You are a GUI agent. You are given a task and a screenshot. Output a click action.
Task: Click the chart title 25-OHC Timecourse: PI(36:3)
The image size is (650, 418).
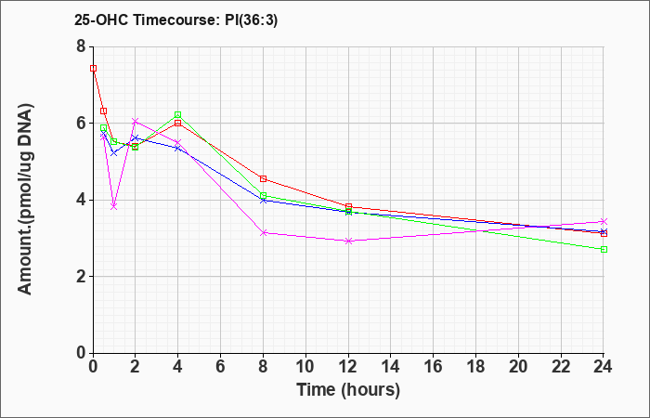click(175, 20)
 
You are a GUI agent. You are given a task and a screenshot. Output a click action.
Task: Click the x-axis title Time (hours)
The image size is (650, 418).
click(348, 390)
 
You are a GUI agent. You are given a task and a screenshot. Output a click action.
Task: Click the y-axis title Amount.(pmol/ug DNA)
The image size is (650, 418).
click(26, 200)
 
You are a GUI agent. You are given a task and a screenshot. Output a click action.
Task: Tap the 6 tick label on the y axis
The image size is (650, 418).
click(82, 124)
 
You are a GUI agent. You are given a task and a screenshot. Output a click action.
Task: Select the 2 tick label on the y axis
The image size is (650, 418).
click(82, 277)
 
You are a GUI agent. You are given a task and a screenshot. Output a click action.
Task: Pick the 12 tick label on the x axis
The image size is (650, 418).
click(348, 367)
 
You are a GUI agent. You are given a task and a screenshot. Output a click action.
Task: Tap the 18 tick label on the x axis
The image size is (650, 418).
click(475, 367)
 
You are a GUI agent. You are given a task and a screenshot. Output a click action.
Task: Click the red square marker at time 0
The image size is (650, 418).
click(93, 69)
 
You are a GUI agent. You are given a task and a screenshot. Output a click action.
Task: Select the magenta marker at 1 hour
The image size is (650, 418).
click(114, 206)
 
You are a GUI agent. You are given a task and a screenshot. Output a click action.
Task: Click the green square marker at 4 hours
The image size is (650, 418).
click(178, 114)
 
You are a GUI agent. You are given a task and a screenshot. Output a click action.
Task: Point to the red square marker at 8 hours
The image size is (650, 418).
click(263, 178)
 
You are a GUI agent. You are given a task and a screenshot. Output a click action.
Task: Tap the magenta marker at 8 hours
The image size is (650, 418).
click(263, 233)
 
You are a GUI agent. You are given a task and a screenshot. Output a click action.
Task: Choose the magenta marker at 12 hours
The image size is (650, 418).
click(348, 241)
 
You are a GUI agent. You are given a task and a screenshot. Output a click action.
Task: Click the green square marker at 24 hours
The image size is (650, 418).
click(604, 249)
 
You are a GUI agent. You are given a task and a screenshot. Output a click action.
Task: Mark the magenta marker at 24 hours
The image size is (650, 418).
click(604, 221)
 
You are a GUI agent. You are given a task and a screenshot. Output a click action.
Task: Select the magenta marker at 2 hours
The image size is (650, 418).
click(136, 121)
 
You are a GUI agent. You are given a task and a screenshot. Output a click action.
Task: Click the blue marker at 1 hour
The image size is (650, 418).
click(114, 153)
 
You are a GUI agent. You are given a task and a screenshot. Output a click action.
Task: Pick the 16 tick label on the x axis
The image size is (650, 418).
click(434, 367)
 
